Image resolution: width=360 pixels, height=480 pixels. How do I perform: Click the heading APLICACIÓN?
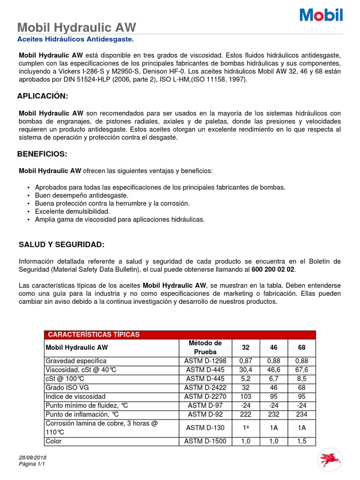(43, 96)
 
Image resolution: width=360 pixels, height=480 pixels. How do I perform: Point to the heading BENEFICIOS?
(42, 154)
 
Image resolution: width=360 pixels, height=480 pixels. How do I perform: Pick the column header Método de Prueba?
(205, 347)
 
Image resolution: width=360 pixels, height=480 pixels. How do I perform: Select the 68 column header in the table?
(302, 347)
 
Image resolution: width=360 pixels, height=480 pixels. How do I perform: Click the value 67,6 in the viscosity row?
(302, 370)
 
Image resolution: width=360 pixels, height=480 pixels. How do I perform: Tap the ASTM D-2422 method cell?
(205, 388)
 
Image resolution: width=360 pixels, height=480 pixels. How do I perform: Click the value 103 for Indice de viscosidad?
(246, 397)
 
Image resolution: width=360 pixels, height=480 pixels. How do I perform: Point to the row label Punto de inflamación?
(82, 414)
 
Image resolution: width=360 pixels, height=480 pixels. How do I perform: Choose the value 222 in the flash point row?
(246, 414)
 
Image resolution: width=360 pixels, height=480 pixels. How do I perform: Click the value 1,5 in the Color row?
(302, 441)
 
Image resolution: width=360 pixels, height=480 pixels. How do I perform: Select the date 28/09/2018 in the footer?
(33, 457)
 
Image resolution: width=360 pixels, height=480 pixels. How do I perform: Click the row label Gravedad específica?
(76, 361)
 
